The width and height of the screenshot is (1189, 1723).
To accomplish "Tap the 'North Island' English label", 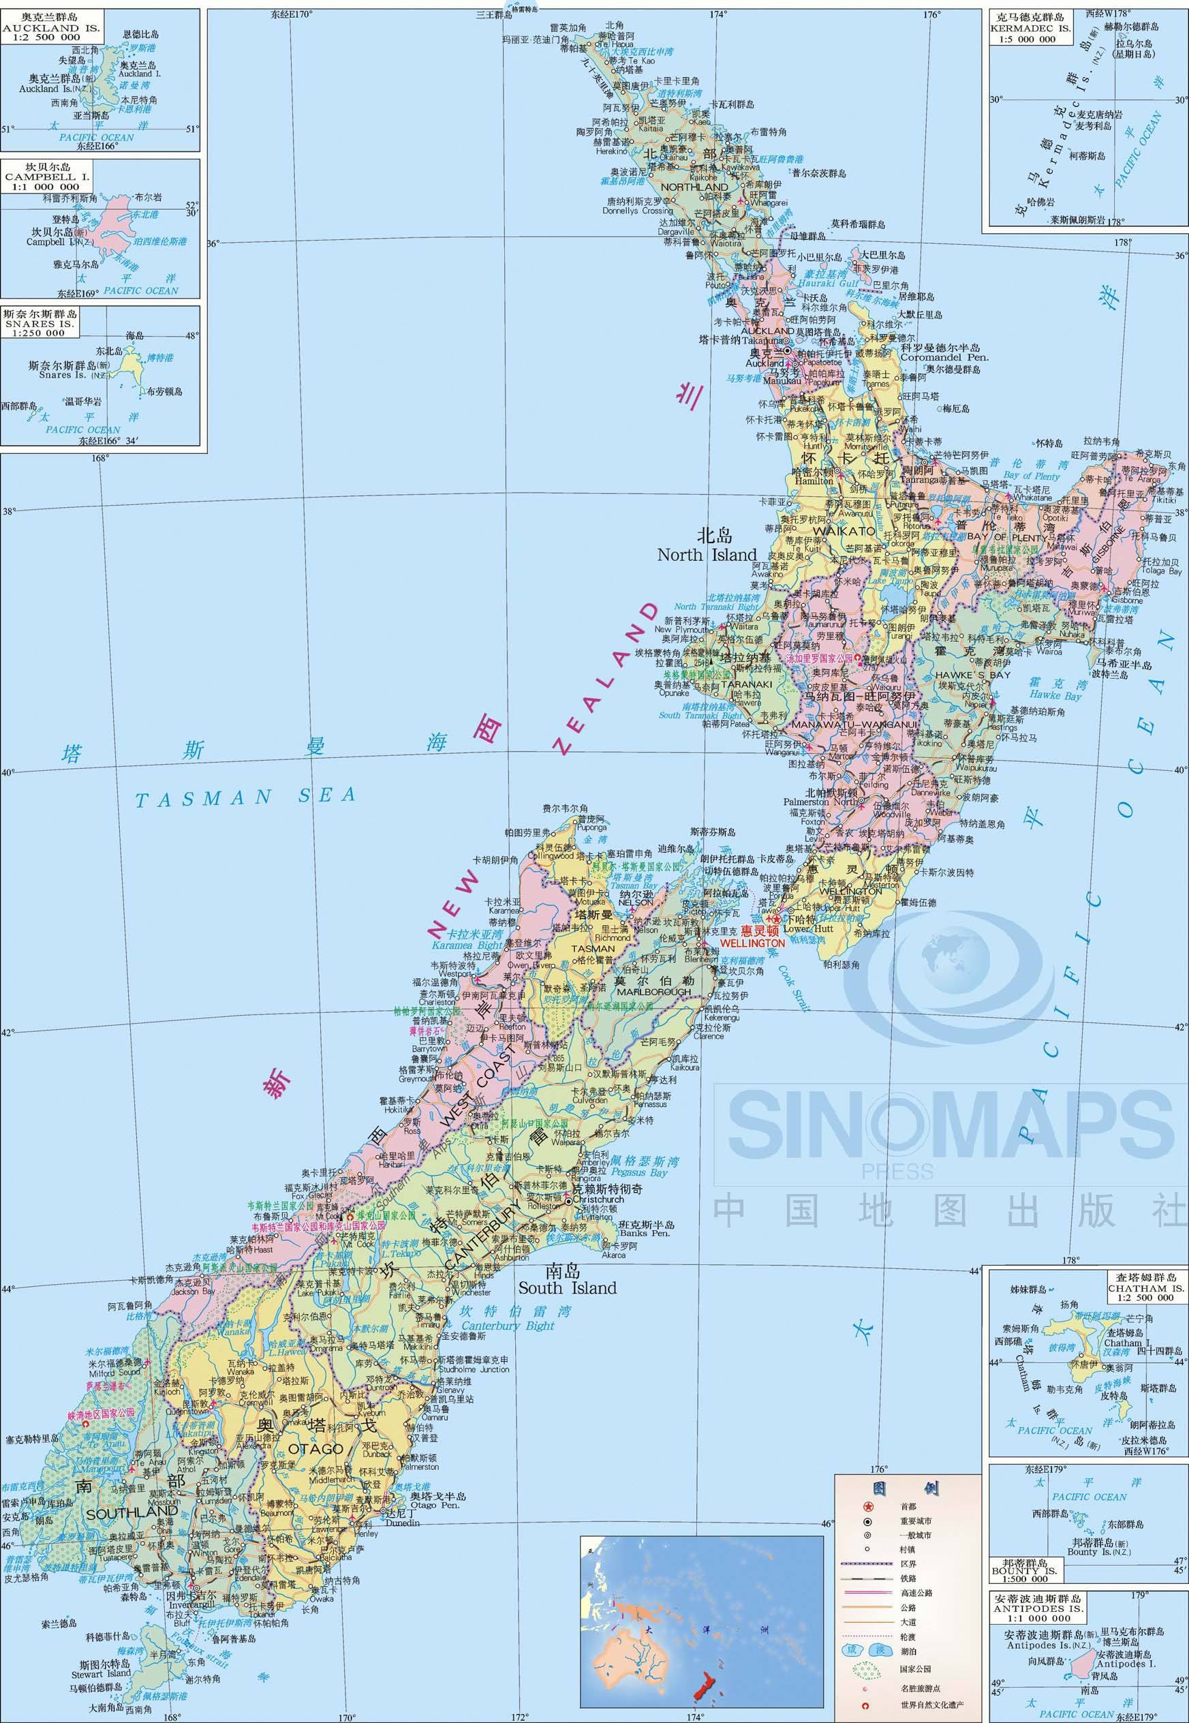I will tap(707, 555).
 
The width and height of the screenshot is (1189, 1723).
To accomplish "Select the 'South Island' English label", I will tap(568, 1287).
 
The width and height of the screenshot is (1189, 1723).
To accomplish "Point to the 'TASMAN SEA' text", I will tap(245, 797).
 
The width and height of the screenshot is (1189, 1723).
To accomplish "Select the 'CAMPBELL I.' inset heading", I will tap(46, 177).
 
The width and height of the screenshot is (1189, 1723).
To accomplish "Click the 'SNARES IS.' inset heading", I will tap(40, 324).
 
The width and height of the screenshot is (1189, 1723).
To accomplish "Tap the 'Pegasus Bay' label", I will tap(639, 1172).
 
